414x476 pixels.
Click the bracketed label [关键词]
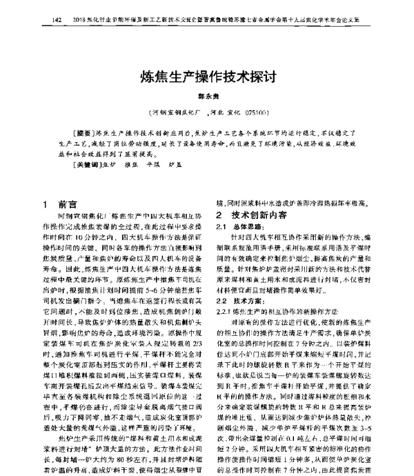click(86, 166)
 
